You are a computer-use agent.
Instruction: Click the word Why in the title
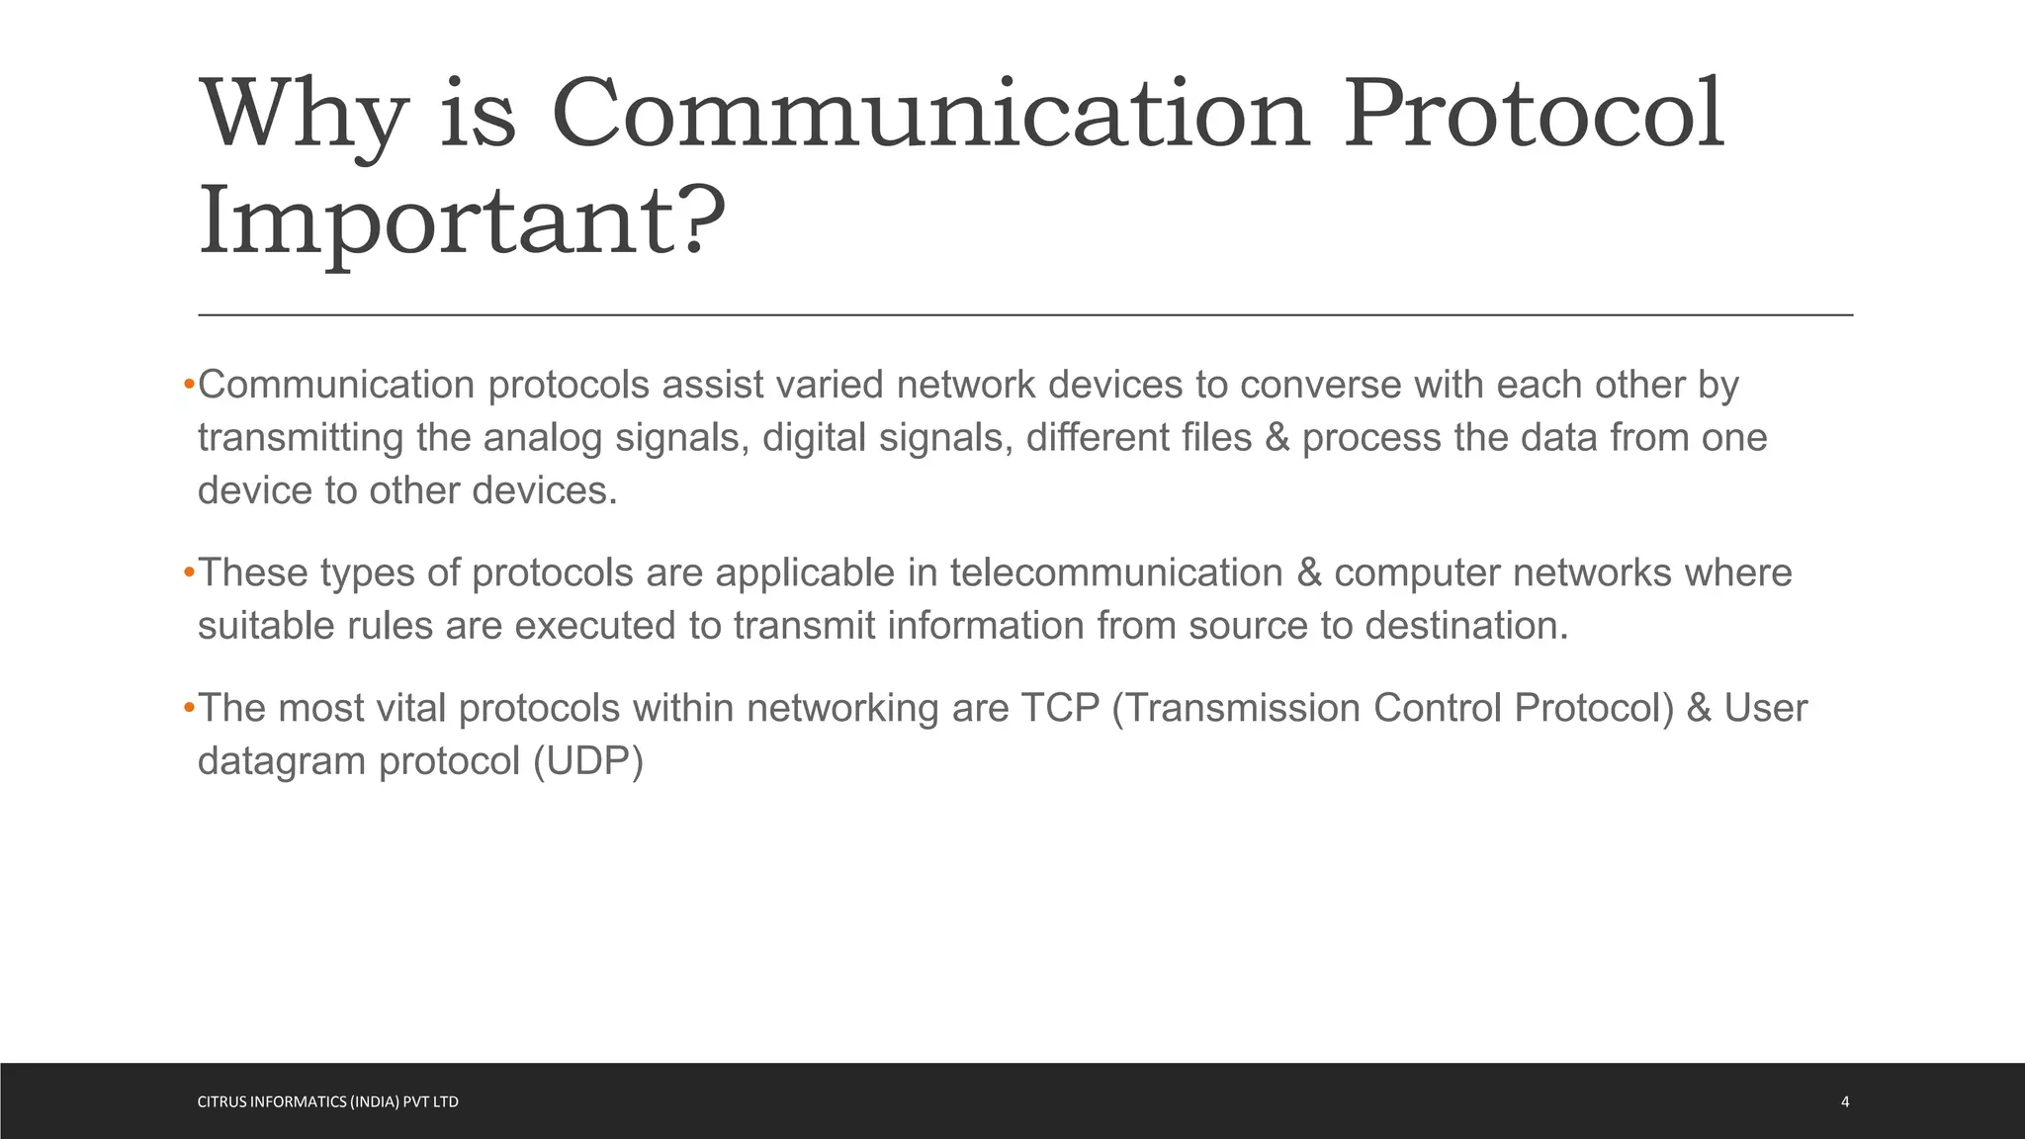click(x=304, y=117)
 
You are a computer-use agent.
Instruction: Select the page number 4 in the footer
click(x=1845, y=1101)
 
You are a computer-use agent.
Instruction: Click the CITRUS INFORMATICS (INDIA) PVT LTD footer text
click(x=328, y=1101)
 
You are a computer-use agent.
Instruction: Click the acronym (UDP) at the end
click(x=588, y=761)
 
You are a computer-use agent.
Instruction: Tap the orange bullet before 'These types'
click(x=189, y=573)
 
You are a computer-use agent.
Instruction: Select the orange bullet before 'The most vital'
click(x=189, y=709)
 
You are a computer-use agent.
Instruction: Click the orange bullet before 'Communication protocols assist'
click(x=189, y=385)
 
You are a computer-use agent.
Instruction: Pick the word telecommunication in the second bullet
click(x=1116, y=573)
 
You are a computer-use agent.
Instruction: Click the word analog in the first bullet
click(x=542, y=438)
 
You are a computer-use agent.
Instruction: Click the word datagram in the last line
click(x=282, y=761)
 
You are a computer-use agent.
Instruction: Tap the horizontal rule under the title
click(x=1025, y=315)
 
